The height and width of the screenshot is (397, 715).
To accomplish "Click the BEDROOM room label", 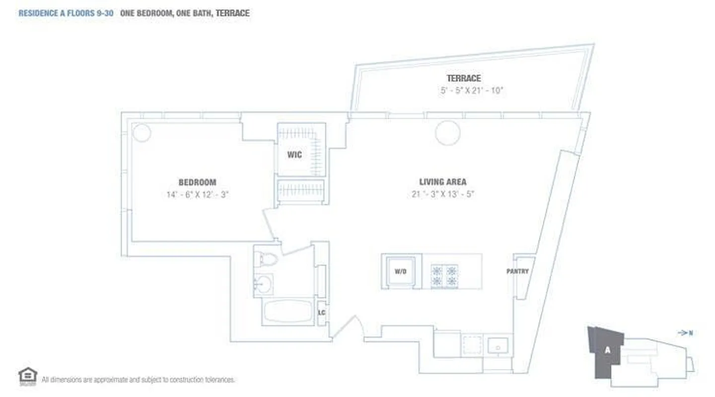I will pos(197,183).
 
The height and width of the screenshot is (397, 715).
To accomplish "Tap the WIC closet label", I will pos(294,155).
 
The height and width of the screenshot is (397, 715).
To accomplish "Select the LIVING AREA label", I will pos(442,182).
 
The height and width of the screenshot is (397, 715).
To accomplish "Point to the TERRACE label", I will pos(463,78).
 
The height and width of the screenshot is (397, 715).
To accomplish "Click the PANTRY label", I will pos(517,271).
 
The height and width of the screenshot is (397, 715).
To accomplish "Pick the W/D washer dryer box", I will pos(401,271).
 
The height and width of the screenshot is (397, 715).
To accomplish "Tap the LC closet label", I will pos(322,313).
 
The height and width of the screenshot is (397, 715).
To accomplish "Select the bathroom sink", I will pos(263,284).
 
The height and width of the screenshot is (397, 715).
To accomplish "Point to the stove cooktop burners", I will pos(444,276).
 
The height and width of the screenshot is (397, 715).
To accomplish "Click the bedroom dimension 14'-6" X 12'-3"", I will pos(197,195).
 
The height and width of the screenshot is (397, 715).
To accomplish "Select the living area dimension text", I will pos(443,195).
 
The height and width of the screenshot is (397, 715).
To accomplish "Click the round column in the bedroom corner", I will pos(142,133).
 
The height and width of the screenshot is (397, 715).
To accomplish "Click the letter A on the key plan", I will pos(607,350).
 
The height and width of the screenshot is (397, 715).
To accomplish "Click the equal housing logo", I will pos(27,376).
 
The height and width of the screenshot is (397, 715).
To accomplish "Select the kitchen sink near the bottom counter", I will pos(497,345).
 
